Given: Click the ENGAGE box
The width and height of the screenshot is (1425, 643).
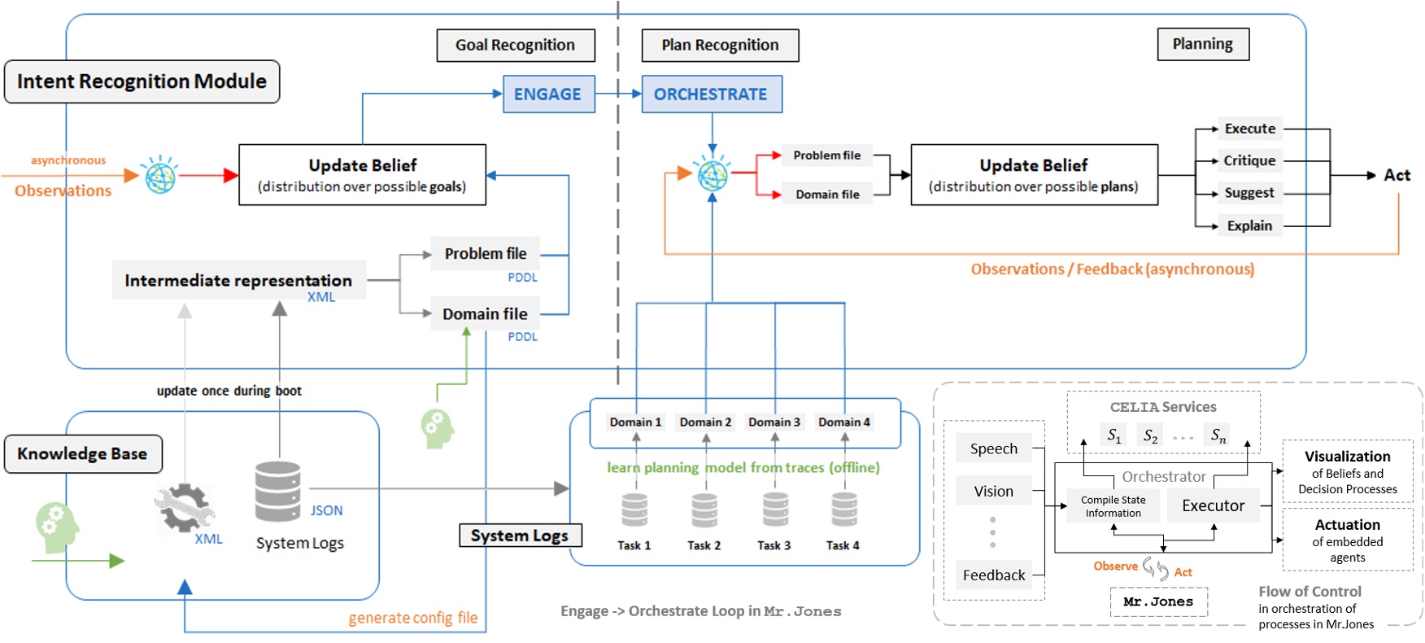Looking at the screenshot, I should tap(548, 94).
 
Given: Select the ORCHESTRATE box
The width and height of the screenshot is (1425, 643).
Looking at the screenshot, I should tap(711, 94).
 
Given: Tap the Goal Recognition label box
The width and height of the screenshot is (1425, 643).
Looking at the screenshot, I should tap(515, 46).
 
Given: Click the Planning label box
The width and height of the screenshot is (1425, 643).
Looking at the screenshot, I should tap(1202, 44).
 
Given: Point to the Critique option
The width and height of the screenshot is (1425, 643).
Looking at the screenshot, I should tap(1249, 160).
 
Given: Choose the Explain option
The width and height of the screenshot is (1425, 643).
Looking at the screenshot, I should tap(1249, 225).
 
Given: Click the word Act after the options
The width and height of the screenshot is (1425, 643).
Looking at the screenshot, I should tap(1397, 175).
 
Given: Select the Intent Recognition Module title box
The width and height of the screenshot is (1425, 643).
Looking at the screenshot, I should tap(142, 81).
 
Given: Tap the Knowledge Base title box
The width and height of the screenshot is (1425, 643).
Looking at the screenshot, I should tap(83, 453).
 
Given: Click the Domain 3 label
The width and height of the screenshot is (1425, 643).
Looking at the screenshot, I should tap(774, 422).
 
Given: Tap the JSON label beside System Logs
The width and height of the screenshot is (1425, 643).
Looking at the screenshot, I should tap(326, 510).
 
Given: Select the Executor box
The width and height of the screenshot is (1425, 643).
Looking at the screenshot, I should tap(1213, 505).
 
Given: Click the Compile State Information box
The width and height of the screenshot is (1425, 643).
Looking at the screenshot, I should tap(1113, 506).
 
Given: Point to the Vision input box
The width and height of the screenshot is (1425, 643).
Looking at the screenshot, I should tap(993, 491).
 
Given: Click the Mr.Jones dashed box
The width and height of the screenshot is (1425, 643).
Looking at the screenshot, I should tap(1158, 601).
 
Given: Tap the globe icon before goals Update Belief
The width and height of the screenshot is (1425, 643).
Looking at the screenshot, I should tap(160, 175).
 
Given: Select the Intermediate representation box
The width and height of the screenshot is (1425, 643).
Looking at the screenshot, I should tap(238, 280).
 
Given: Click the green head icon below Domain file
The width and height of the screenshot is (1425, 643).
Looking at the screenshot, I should tap(437, 428).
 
